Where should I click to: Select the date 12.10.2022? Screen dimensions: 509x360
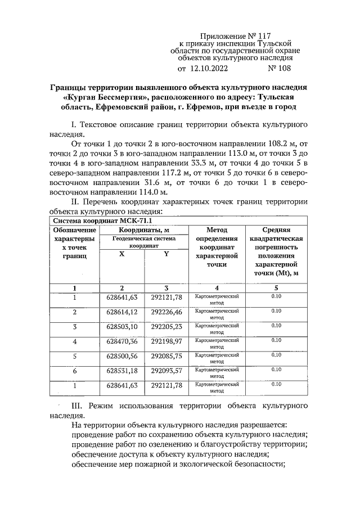click(208, 69)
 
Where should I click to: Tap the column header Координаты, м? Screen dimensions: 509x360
click(144, 230)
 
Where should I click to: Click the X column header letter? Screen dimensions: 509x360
click(121, 254)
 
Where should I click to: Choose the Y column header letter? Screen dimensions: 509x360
click(166, 254)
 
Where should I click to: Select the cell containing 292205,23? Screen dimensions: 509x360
click(166, 327)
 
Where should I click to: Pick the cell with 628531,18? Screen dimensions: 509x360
click(121, 371)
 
